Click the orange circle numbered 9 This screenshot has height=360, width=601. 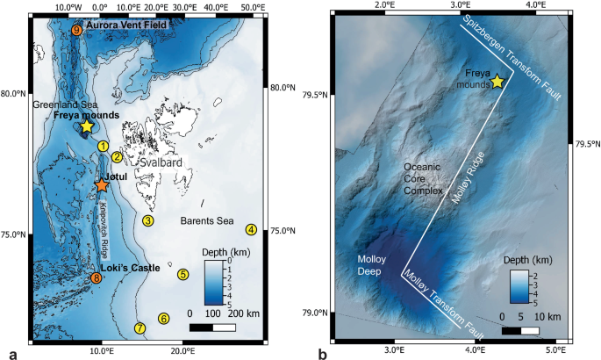point(76,31)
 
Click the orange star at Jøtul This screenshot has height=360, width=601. point(102,185)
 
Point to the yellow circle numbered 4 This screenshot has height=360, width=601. point(252,230)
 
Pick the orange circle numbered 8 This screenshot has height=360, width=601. point(96,279)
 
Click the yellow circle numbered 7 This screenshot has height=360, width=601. point(140,329)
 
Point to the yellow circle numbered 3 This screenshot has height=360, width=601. point(148,220)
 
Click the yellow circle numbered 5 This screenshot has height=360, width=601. point(182,274)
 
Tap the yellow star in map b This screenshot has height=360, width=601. point(497,82)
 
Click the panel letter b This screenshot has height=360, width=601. point(324,352)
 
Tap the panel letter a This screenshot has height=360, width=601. point(11,352)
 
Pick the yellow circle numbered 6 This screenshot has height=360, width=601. point(162,319)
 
